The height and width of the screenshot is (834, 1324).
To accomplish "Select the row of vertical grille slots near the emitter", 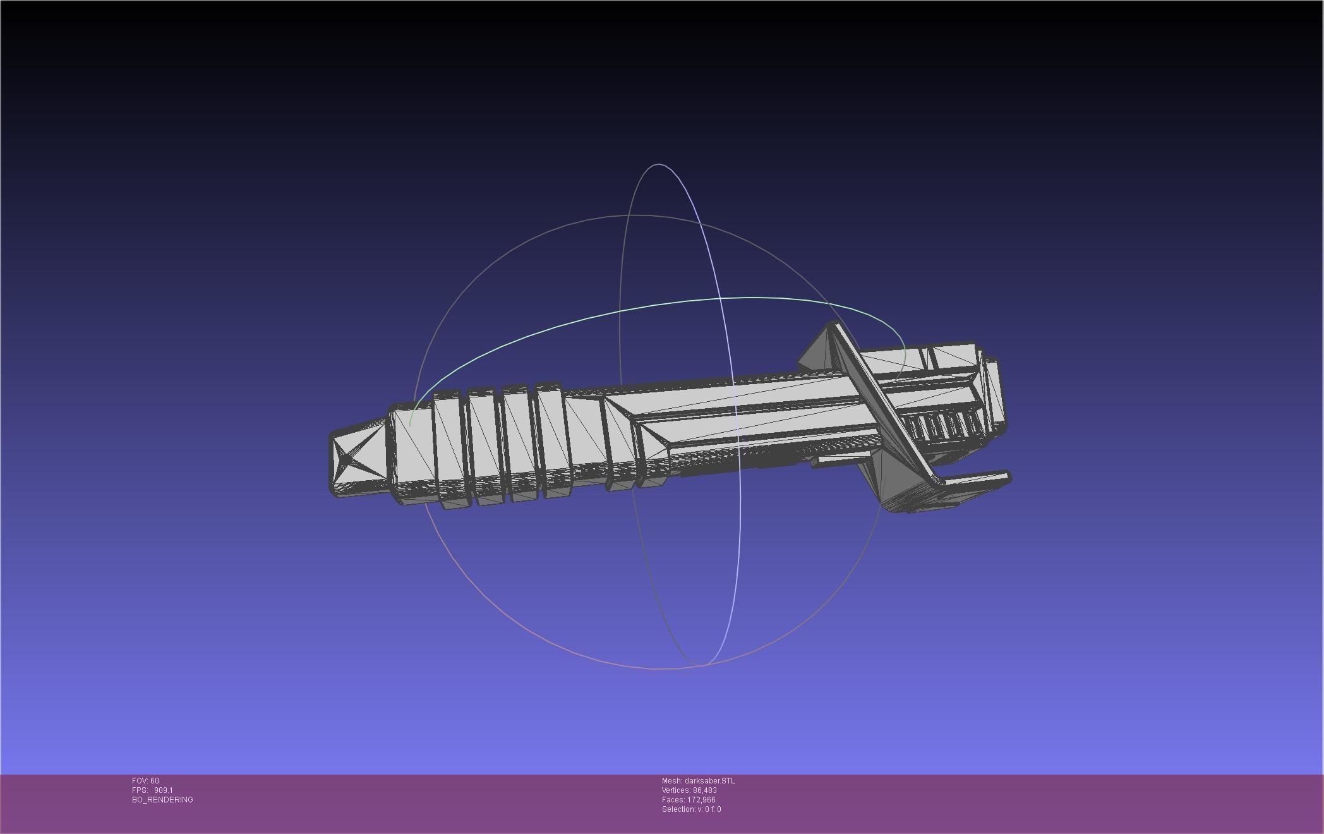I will [x=941, y=426].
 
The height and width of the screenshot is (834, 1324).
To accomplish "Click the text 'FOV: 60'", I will [x=145, y=781].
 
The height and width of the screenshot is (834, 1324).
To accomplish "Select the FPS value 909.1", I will [x=163, y=790].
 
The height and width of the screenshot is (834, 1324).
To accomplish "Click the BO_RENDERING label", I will [x=162, y=800].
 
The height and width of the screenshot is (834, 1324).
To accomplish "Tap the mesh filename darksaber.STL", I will [x=709, y=781].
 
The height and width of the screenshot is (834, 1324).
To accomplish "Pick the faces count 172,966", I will [x=701, y=800].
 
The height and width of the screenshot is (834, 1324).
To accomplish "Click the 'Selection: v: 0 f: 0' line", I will [x=691, y=809].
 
